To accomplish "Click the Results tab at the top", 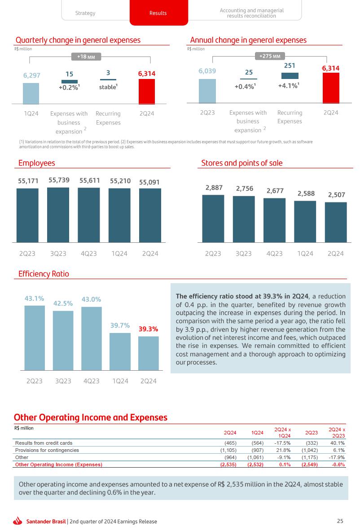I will point(158,13).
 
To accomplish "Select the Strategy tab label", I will point(85,13).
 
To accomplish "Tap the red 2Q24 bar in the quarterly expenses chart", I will point(146,92).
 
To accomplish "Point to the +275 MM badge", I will point(270,56).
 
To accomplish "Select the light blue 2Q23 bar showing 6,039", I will point(207,92).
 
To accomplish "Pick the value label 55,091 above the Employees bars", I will point(149,182).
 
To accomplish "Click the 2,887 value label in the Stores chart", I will point(214,188).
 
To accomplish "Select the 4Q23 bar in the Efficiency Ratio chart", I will point(91,338).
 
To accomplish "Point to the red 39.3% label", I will point(148,329).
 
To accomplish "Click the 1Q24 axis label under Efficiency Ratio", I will point(120,381).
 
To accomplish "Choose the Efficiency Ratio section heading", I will point(44,274).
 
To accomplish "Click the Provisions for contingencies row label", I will point(47,450).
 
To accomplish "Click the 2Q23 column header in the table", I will point(311,433).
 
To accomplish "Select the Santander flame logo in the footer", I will point(18,521).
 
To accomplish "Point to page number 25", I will point(340,521).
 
